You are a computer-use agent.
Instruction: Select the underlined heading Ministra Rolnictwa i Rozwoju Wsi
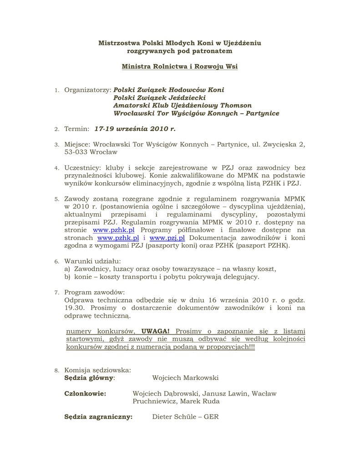(x=179, y=66)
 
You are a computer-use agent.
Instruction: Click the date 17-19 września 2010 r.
(x=135, y=129)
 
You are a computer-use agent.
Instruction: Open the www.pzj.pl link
(x=167, y=238)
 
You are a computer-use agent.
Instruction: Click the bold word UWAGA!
(x=155, y=331)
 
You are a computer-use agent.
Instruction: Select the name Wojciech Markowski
(x=185, y=378)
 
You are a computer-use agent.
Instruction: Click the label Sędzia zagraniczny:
(x=98, y=416)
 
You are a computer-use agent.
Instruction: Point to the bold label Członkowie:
(x=85, y=393)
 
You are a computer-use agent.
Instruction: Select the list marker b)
(x=67, y=277)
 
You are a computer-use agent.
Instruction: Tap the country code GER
(x=211, y=416)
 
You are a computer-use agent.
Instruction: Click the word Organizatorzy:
(x=88, y=90)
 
